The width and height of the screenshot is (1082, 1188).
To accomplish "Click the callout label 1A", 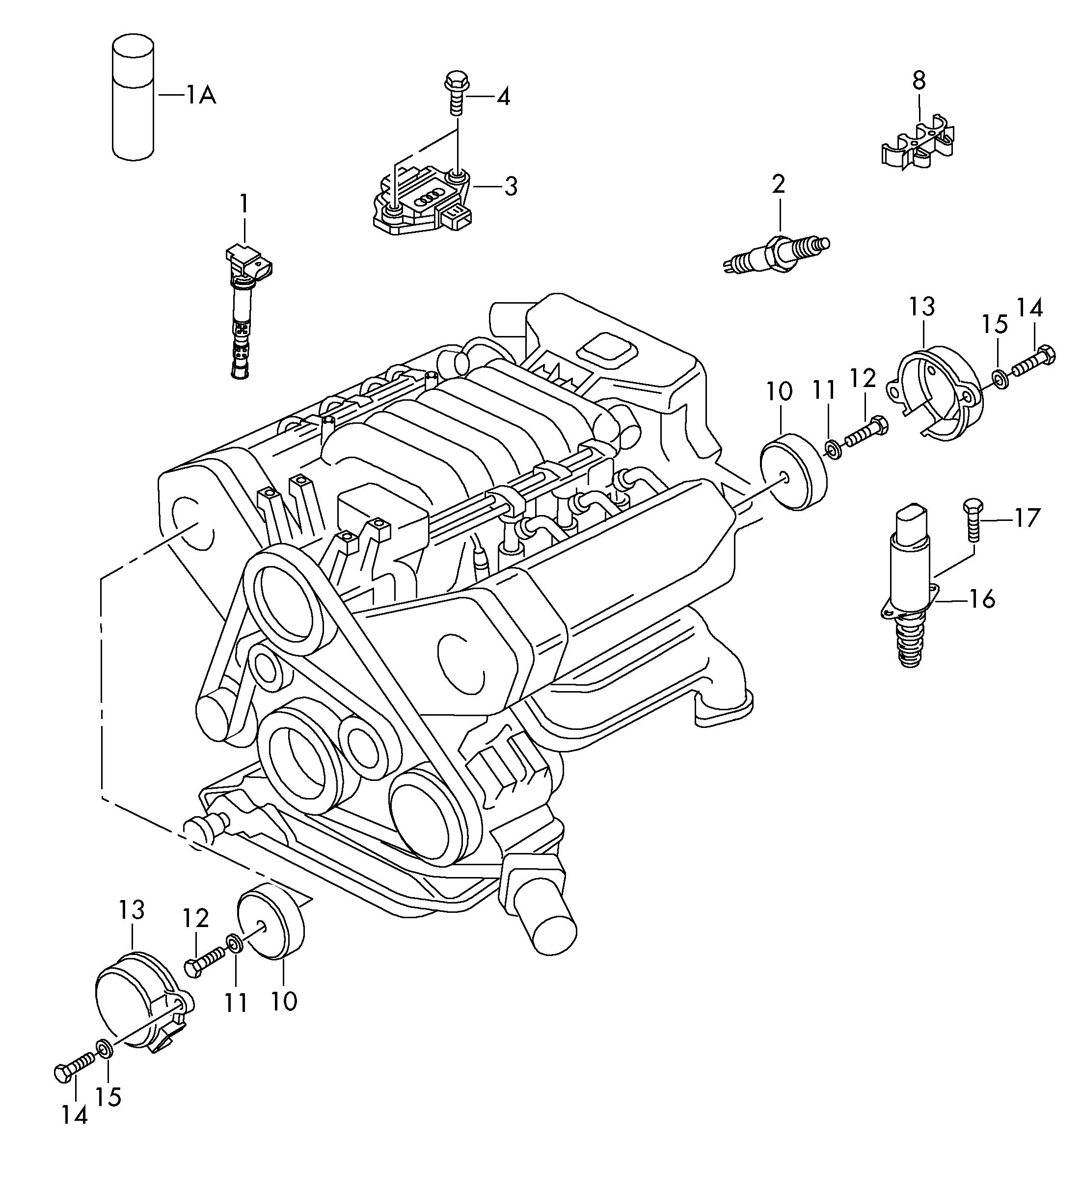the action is click(201, 94).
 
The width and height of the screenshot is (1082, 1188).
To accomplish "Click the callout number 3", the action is click(511, 187).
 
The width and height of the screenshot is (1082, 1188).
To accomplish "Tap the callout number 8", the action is click(919, 81).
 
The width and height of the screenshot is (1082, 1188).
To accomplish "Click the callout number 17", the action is click(1027, 518).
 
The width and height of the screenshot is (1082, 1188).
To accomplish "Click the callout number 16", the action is click(981, 599).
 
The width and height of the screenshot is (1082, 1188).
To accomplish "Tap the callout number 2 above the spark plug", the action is click(778, 184).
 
